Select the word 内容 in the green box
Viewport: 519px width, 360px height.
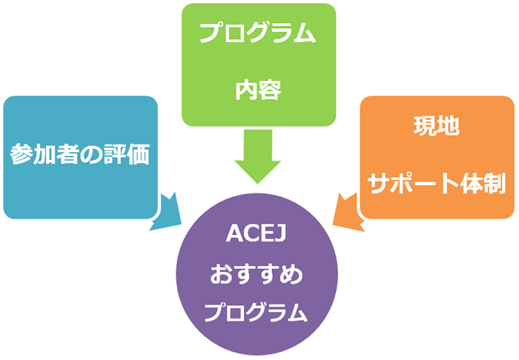(x=258, y=90)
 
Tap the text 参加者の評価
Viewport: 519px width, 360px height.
(x=80, y=154)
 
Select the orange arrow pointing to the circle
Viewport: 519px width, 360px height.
(x=346, y=211)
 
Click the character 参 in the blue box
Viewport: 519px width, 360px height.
(x=21, y=154)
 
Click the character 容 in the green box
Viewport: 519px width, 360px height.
(x=270, y=90)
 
